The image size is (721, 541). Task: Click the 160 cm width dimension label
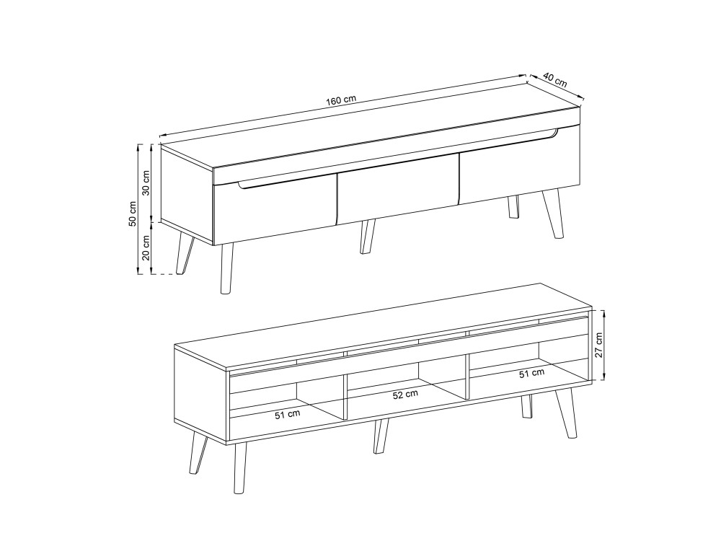(341, 100)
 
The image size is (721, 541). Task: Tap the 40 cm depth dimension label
(555, 80)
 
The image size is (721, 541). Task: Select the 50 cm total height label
(133, 214)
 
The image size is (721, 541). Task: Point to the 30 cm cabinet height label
(146, 182)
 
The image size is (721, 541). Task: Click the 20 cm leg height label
(146, 248)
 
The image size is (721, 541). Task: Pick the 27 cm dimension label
(598, 346)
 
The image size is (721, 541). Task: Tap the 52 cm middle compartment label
(405, 395)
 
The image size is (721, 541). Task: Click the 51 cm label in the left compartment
(288, 415)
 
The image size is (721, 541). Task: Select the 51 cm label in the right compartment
(531, 374)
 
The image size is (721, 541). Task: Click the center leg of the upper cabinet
(368, 236)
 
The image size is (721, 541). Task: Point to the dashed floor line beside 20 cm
(164, 275)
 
